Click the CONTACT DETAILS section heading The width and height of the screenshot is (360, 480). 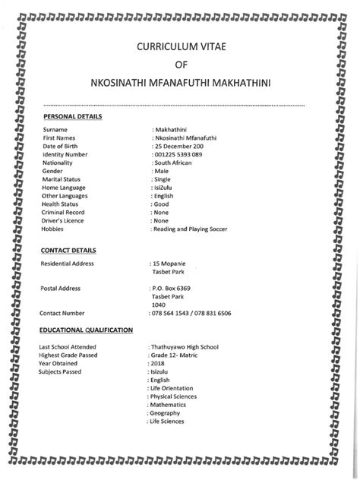tap(68, 249)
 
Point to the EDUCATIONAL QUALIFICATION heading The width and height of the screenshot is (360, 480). tap(87, 330)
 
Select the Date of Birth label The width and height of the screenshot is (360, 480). tap(63, 146)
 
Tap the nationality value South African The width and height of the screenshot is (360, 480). tap(176, 163)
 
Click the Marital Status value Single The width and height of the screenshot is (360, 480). tap(163, 179)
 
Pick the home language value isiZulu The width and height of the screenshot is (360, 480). tap(164, 188)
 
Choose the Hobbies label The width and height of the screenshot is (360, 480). tap(53, 229)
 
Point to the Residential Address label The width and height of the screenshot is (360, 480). tap(68, 263)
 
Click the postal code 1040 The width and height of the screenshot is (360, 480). tap(159, 305)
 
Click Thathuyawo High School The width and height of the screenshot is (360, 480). tap(185, 346)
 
